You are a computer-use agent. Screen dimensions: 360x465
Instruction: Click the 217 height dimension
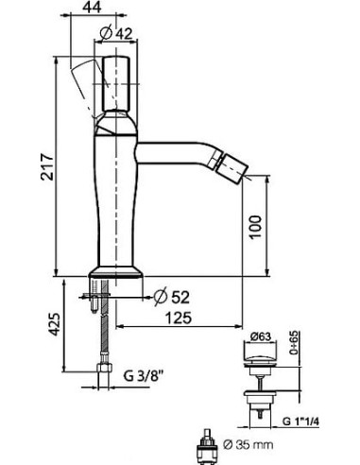pos(47,166)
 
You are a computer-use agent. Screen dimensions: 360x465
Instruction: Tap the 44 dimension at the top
pos(92,7)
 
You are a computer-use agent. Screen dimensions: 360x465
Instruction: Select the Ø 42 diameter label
pos(115,33)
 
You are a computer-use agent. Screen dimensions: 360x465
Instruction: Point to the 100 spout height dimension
pos(255,227)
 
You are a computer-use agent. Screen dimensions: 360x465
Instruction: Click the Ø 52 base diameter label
pos(172,297)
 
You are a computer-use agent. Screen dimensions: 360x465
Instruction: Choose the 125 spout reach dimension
pos(179,318)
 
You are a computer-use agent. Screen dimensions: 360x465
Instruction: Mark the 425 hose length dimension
pos(55,324)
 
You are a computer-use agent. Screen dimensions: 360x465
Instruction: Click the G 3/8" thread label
pos(144,376)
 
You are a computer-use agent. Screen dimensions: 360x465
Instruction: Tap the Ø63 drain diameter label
pos(261,336)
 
